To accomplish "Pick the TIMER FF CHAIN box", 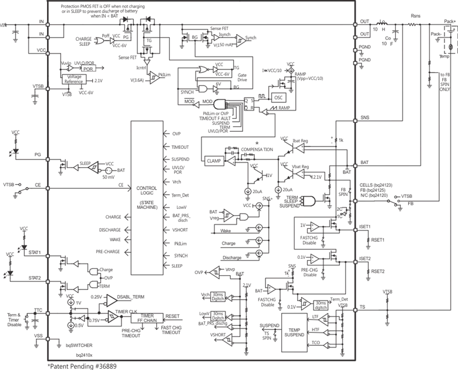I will coord(147,318).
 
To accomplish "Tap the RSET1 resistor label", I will coord(378,239).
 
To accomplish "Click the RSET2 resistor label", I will coord(378,271).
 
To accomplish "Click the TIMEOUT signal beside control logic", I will coord(180,146).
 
